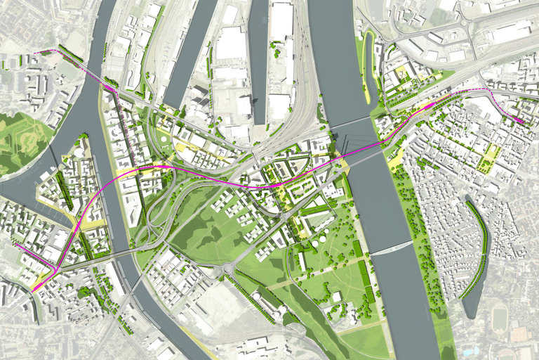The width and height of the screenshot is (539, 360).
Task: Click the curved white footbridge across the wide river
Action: (x=391, y=249)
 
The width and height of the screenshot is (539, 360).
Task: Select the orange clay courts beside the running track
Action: (x=521, y=334)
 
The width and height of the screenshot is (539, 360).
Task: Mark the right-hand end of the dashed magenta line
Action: (x=521, y=121)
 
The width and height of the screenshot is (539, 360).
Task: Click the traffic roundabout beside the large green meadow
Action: (x=228, y=269)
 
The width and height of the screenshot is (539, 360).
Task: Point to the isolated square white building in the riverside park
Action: (x=338, y=297)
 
